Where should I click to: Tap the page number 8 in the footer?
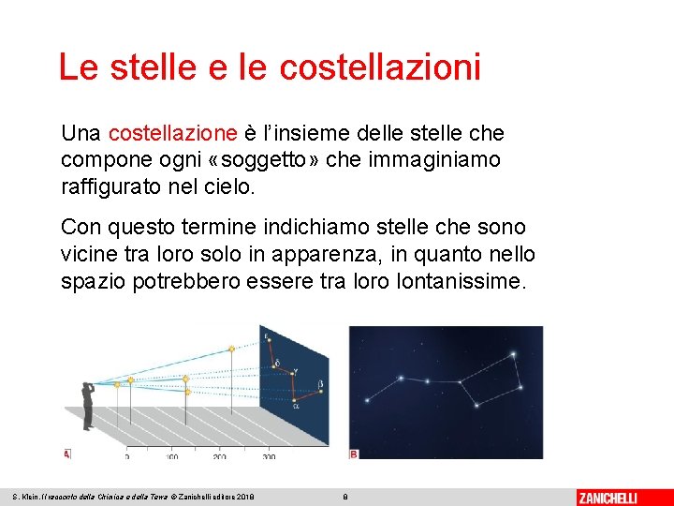[x=345, y=497]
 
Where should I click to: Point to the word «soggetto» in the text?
[x=262, y=160]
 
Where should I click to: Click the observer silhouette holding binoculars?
[x=88, y=403]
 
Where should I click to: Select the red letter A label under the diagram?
[x=66, y=454]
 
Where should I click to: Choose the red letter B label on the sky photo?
[x=354, y=454]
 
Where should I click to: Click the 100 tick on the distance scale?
[x=171, y=456]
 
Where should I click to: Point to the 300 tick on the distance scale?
[x=269, y=456]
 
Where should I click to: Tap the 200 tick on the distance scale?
[x=219, y=456]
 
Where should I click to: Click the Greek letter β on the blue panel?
[x=321, y=384]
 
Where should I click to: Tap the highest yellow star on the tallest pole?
[x=231, y=350]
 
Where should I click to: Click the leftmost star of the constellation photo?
[x=367, y=400]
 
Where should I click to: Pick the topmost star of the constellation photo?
[x=512, y=355]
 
